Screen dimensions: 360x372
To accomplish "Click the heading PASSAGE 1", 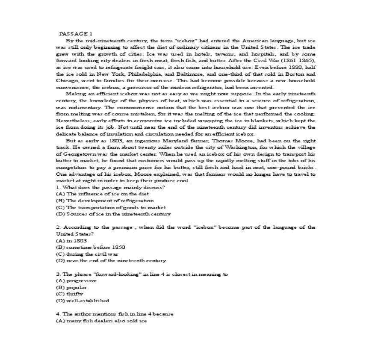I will [x=76, y=33].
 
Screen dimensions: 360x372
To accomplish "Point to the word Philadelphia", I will [x=125, y=74].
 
